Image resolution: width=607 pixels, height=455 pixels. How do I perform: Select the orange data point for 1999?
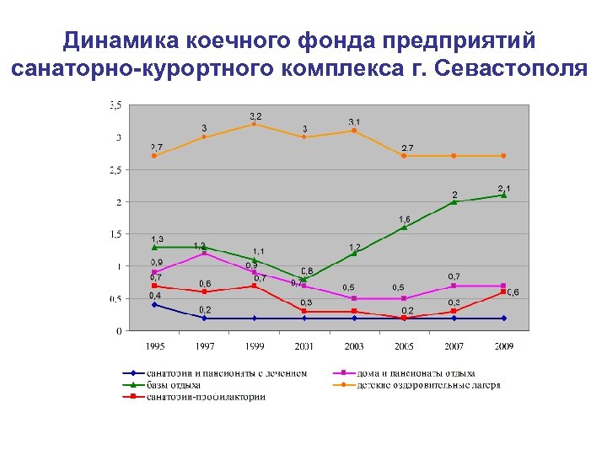click(254, 124)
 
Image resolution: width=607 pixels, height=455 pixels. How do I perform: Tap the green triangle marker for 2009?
click(504, 195)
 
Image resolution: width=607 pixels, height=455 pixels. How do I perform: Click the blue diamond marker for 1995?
click(154, 304)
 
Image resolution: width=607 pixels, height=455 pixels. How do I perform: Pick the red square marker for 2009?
click(504, 292)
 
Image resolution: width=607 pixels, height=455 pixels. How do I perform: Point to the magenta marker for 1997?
click(204, 253)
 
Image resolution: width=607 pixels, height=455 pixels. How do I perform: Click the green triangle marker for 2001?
click(304, 278)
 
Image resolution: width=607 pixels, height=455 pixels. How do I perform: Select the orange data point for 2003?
click(354, 131)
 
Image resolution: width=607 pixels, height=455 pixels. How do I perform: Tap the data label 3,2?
click(255, 115)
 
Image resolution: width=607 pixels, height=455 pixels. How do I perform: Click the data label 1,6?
click(405, 219)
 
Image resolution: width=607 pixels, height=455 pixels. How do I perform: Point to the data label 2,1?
click(504, 187)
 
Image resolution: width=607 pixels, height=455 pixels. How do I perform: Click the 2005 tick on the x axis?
click(405, 345)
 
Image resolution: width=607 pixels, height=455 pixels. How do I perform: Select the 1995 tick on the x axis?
click(154, 345)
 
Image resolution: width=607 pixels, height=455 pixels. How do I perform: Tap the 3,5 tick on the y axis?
click(115, 105)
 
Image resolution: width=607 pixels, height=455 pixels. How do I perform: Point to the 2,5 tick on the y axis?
click(115, 169)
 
